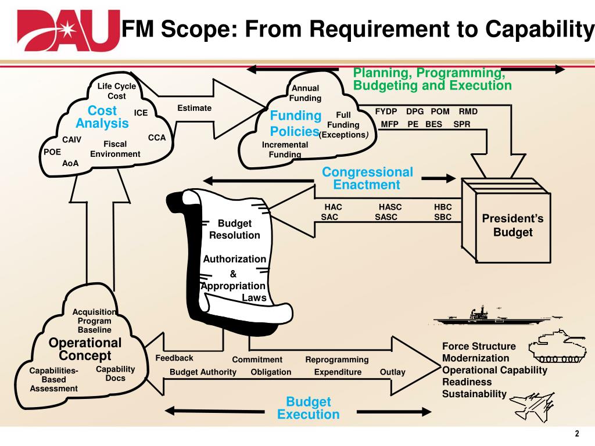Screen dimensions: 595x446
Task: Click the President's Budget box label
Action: pyautogui.click(x=512, y=225)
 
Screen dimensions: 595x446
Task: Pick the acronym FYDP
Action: pyautogui.click(x=386, y=111)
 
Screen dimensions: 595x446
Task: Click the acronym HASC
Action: pyautogui.click(x=390, y=207)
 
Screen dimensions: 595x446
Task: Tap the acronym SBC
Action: pyautogui.click(x=443, y=217)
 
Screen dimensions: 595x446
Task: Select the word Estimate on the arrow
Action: pyautogui.click(x=194, y=108)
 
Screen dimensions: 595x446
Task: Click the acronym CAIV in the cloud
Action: pyautogui.click(x=71, y=139)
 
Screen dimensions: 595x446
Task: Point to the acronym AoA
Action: pyautogui.click(x=70, y=163)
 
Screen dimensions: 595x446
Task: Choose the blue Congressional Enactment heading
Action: pyautogui.click(x=367, y=178)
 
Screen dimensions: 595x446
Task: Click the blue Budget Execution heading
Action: pyautogui.click(x=309, y=408)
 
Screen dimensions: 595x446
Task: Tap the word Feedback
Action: pyautogui.click(x=174, y=358)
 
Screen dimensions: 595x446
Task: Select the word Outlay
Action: pyautogui.click(x=392, y=372)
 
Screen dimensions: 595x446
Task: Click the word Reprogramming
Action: pyautogui.click(x=337, y=359)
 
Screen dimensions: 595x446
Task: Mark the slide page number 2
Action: pyautogui.click(x=577, y=433)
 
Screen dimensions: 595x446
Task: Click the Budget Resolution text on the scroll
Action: pyautogui.click(x=235, y=229)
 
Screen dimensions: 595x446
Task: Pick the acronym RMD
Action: pyautogui.click(x=468, y=111)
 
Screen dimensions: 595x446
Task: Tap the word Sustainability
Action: pyautogui.click(x=474, y=394)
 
